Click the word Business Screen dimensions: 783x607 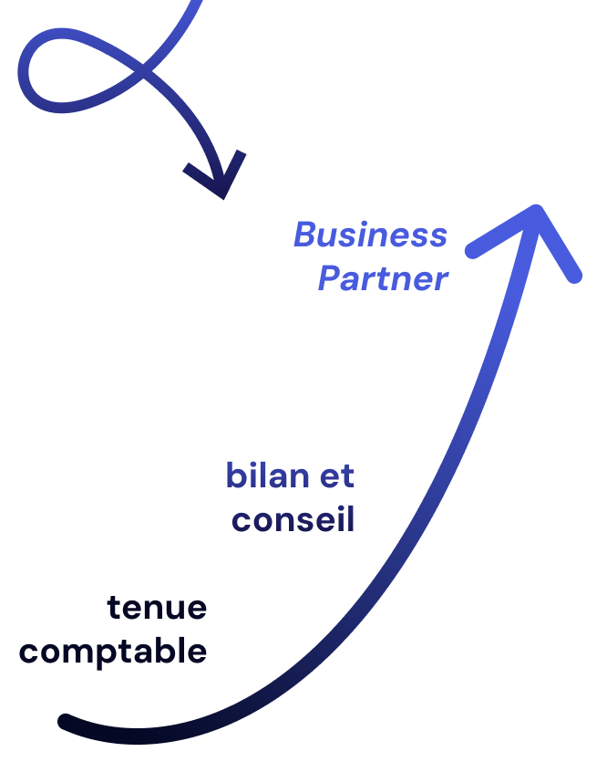pyautogui.click(x=370, y=235)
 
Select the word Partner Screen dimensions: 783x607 pyautogui.click(x=383, y=279)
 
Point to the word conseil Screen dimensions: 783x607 pyautogui.click(x=293, y=520)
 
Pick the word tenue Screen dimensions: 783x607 pyautogui.click(x=157, y=608)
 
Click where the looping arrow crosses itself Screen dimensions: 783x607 pyautogui.click(x=146, y=69)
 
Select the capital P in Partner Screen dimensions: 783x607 pyautogui.click(x=329, y=279)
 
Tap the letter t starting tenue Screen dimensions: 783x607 pyautogui.click(x=114, y=608)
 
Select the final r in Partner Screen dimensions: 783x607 pyautogui.click(x=441, y=281)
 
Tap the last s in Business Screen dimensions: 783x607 pyautogui.click(x=438, y=237)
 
